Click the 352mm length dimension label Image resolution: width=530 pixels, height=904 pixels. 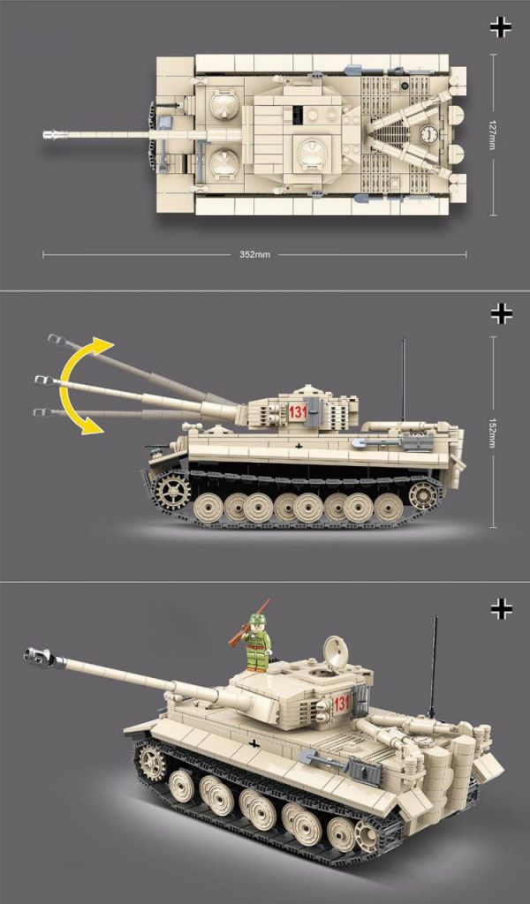coord(254,254)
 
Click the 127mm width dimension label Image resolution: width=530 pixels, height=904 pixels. coord(492,135)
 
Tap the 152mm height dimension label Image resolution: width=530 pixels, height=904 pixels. coord(492,433)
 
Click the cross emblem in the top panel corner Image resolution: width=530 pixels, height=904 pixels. coord(501,27)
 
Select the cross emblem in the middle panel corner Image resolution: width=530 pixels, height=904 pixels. coord(501,313)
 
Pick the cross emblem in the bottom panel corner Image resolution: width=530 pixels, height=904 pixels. coord(501,609)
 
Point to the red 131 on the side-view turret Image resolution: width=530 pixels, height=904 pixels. coord(299,411)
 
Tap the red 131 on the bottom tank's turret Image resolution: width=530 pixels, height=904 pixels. coord(342,703)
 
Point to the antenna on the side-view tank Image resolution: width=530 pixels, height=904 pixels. coord(403,380)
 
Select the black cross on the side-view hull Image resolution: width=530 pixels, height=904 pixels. coord(299,445)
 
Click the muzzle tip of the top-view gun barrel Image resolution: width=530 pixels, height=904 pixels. coord(45,135)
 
